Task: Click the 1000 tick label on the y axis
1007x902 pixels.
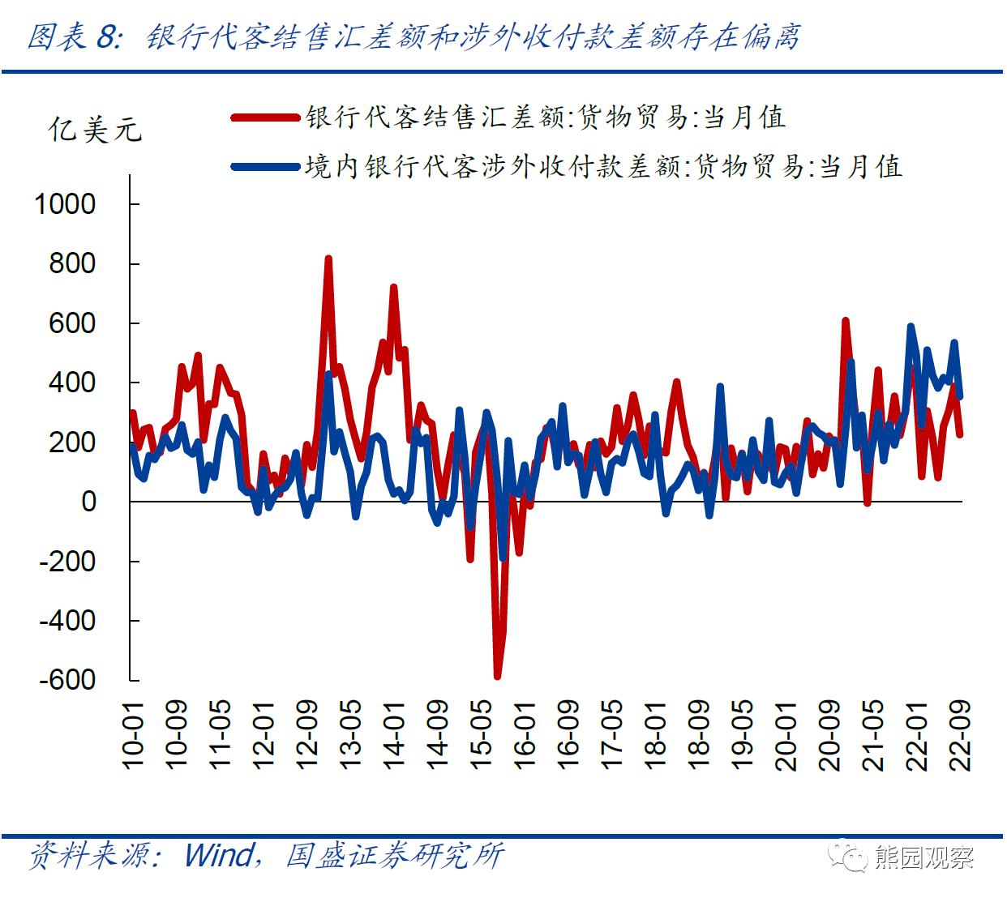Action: tap(65, 204)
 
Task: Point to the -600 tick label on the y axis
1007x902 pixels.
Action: tap(67, 680)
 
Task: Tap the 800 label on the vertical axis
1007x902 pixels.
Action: tap(72, 263)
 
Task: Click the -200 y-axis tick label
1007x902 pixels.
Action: tap(67, 561)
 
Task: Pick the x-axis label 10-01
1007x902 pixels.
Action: tap(132, 735)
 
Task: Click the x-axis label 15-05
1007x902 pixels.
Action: tap(481, 735)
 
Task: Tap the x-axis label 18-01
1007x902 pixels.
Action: tap(655, 735)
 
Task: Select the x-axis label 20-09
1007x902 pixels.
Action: tap(829, 735)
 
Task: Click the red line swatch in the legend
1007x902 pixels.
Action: tap(264, 118)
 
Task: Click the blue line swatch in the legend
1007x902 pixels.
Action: tap(264, 167)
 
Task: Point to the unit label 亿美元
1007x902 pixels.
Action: tap(95, 130)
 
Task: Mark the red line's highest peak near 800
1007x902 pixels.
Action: tap(328, 259)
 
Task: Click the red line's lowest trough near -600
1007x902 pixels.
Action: tap(497, 676)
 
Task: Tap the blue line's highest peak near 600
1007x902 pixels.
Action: tap(911, 327)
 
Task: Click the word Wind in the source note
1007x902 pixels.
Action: tap(219, 855)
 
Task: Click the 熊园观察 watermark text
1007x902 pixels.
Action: tap(923, 857)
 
